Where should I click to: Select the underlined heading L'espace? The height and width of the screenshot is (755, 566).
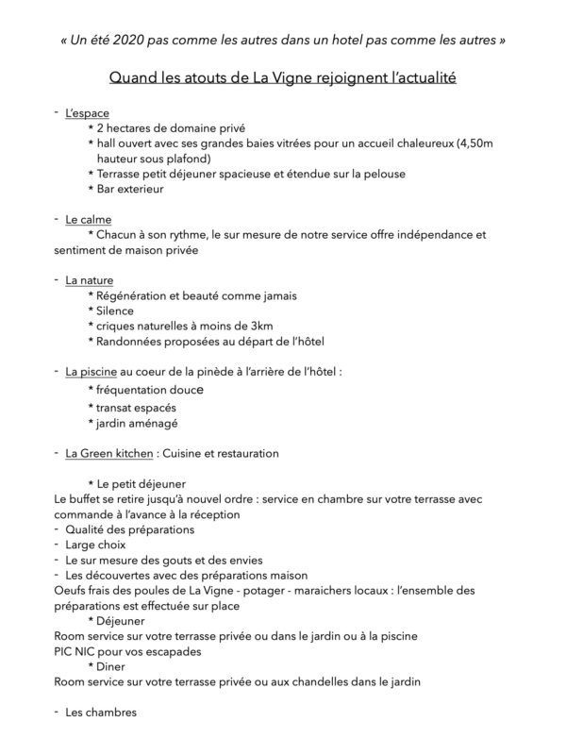87,113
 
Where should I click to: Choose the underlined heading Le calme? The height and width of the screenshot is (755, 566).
88,219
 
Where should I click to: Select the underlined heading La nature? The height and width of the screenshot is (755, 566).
89,279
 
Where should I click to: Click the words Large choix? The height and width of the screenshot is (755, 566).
97,545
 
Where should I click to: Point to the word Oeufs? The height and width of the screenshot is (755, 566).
72,590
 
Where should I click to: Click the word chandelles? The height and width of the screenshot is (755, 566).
331,680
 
